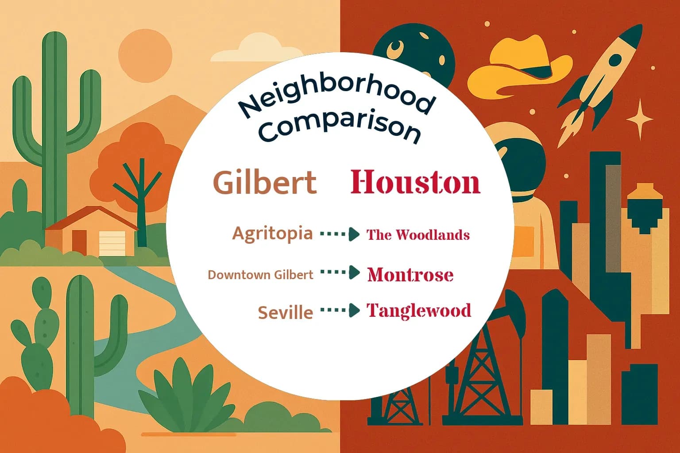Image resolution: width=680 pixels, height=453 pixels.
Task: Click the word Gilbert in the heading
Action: [x=265, y=182]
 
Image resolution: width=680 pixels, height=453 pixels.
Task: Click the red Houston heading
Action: [x=415, y=182]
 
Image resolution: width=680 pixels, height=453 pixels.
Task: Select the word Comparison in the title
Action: [x=339, y=127]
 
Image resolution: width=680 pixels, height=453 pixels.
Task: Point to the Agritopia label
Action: [x=272, y=233]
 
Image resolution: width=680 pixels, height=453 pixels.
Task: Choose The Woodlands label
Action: [x=418, y=234]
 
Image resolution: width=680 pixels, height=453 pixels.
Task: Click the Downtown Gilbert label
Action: [x=260, y=275]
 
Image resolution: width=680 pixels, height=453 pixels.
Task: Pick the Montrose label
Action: [x=410, y=275]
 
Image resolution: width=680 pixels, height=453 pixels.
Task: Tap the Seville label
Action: [x=286, y=313]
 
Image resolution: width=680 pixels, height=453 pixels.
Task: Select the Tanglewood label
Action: [x=419, y=311]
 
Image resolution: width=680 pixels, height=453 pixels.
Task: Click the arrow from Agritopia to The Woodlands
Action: [x=340, y=234]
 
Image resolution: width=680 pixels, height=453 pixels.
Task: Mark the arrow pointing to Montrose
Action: [x=340, y=273]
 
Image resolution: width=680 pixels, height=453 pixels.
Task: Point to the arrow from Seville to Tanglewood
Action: [x=340, y=311]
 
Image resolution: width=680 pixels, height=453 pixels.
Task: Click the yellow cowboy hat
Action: [x=518, y=66]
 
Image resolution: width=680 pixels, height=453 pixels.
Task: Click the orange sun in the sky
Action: [x=145, y=54]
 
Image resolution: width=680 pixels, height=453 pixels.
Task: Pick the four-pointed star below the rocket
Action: [x=639, y=119]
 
